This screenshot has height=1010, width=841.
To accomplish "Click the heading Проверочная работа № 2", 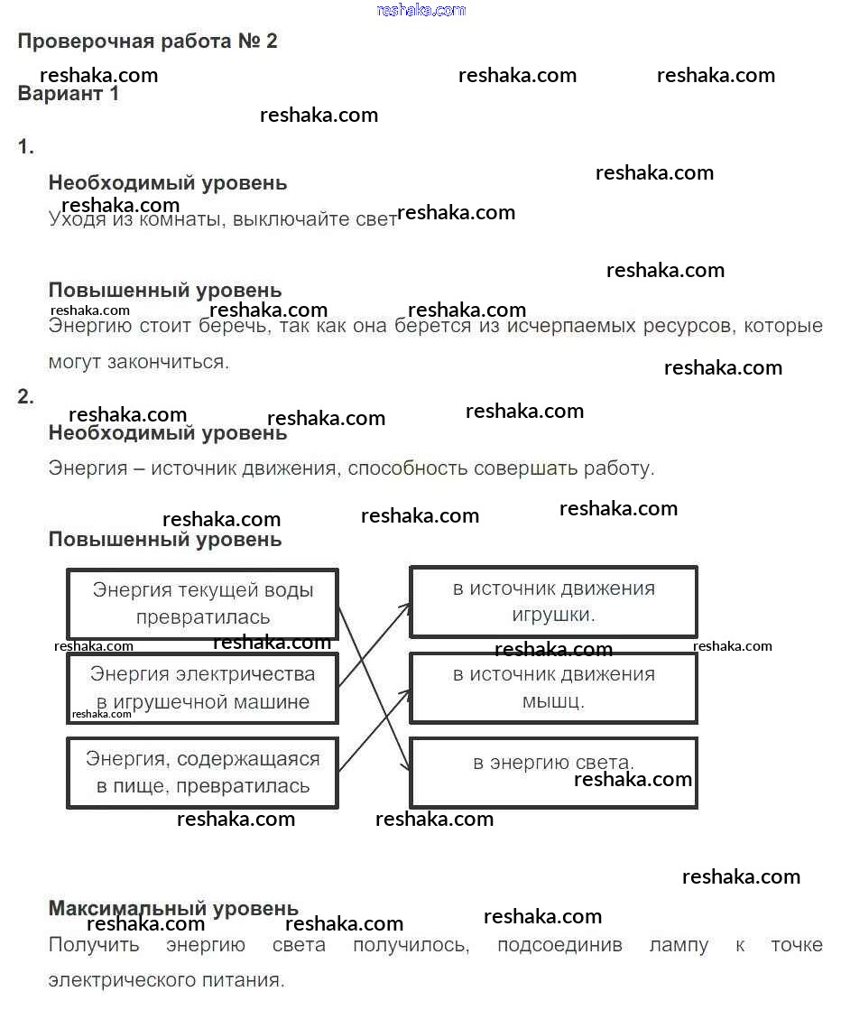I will pos(147,42).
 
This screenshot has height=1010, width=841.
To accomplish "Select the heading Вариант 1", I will pos(69,94).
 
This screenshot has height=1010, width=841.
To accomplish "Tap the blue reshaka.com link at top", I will pos(420,10).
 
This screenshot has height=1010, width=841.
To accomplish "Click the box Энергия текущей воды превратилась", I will pos(202,603).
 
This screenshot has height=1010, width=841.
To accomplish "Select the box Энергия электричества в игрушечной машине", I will pos(202,688).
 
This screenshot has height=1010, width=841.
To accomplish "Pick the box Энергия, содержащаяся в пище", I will pos(202,773).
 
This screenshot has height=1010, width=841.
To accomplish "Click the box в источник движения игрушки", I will pos(553,601).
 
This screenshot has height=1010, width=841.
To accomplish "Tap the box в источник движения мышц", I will pos(553,687).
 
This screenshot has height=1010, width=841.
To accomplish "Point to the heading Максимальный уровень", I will pos(173,908).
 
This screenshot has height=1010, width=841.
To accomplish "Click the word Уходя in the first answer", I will pos(75,219).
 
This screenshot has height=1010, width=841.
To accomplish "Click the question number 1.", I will pos(25,148).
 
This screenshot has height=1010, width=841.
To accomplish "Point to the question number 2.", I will pos(25,396).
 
